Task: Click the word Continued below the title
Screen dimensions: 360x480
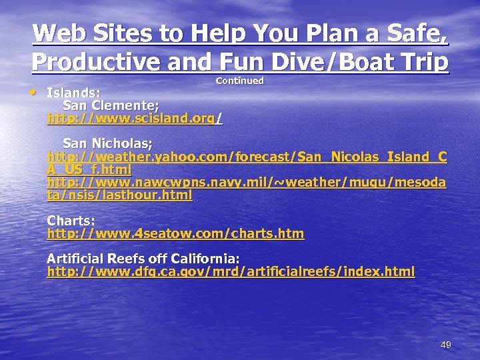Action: click(239, 81)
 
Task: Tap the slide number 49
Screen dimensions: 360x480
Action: click(446, 345)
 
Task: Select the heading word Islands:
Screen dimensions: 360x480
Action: click(73, 93)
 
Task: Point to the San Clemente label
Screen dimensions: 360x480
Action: click(111, 105)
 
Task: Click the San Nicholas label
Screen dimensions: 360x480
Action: click(107, 143)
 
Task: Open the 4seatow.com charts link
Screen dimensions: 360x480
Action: click(175, 233)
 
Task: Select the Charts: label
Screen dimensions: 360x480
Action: click(71, 221)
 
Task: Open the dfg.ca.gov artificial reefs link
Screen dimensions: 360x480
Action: click(231, 271)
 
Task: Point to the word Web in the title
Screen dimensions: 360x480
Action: click(56, 33)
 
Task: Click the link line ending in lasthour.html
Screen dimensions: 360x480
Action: click(119, 195)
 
